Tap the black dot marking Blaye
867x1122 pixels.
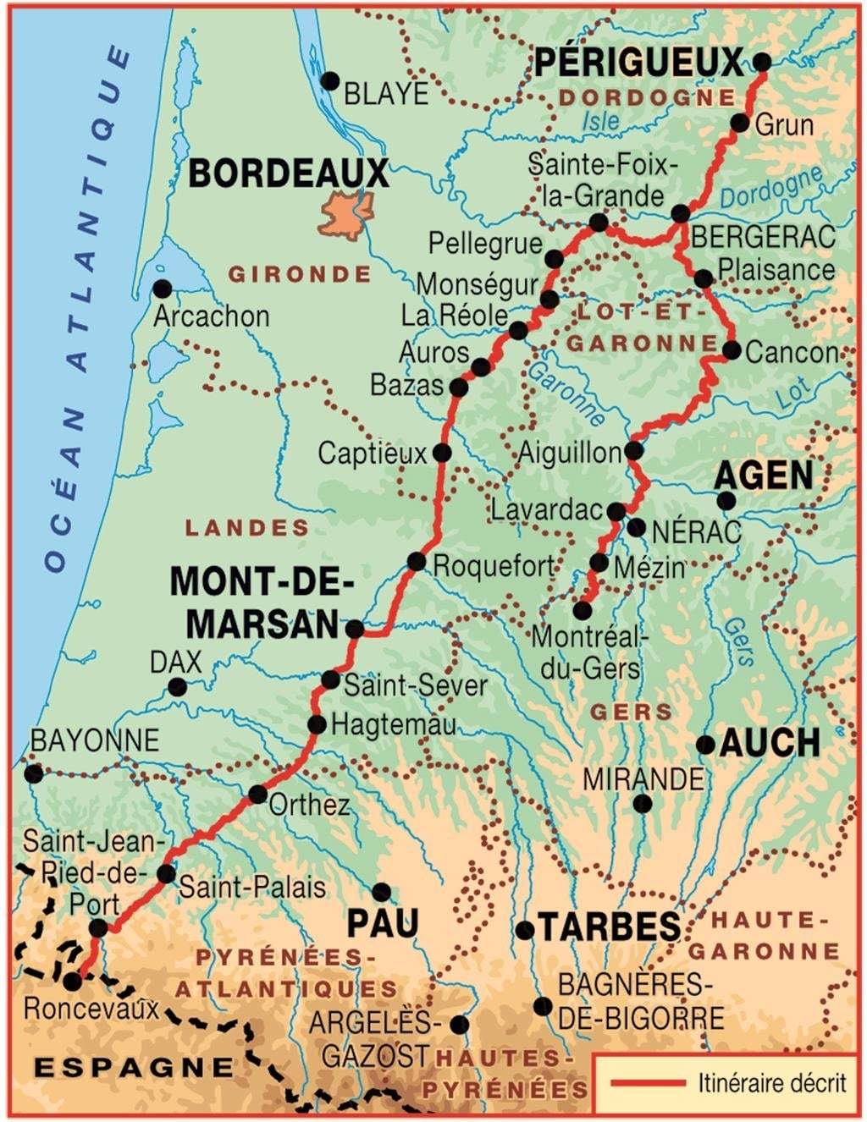coord(330,81)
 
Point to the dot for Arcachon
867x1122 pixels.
coord(162,289)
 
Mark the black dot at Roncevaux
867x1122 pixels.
coord(73,982)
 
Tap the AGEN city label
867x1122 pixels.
coord(763,476)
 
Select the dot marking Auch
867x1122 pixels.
coord(705,745)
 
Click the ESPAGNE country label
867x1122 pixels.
coord(133,1067)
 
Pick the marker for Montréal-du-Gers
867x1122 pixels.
coord(583,610)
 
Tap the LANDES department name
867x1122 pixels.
coord(247,528)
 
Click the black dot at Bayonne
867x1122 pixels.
coord(33,773)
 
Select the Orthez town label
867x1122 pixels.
coord(309,804)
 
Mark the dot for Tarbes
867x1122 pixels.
coord(525,930)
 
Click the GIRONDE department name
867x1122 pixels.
coord(300,274)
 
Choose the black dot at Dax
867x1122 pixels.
coord(177,687)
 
